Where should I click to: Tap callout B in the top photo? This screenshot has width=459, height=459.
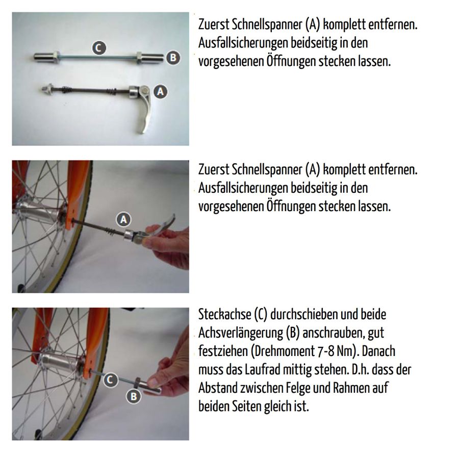click(173, 58)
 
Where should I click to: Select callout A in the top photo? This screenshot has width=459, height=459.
click(161, 91)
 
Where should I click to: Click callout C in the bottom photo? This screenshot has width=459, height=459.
click(111, 379)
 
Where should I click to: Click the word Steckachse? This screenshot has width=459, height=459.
click(222, 315)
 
